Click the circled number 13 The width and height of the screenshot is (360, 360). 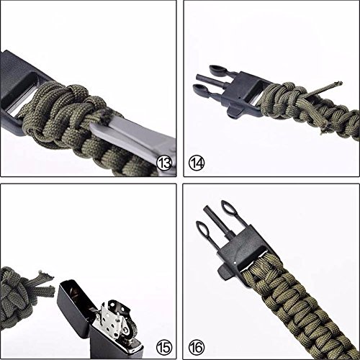[x=164, y=163]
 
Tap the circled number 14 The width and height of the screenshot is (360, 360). [x=197, y=163]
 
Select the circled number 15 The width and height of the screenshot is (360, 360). [x=164, y=347]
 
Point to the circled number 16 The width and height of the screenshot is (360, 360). [x=197, y=347]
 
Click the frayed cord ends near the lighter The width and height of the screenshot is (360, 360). [x=45, y=282]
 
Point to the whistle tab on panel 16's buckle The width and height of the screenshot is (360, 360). [x=225, y=272]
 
